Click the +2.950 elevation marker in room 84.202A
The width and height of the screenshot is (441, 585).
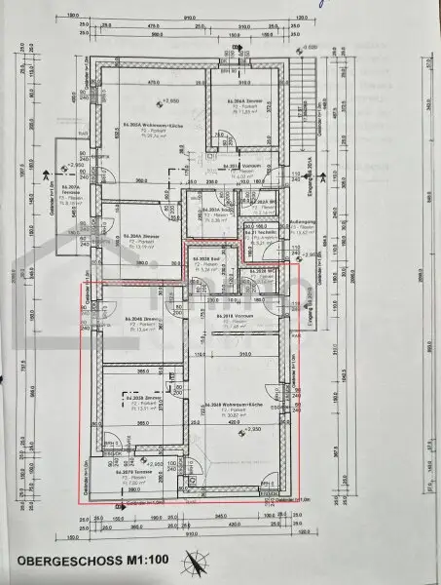tap(170, 101)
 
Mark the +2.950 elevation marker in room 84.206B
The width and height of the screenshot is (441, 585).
tap(254, 429)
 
